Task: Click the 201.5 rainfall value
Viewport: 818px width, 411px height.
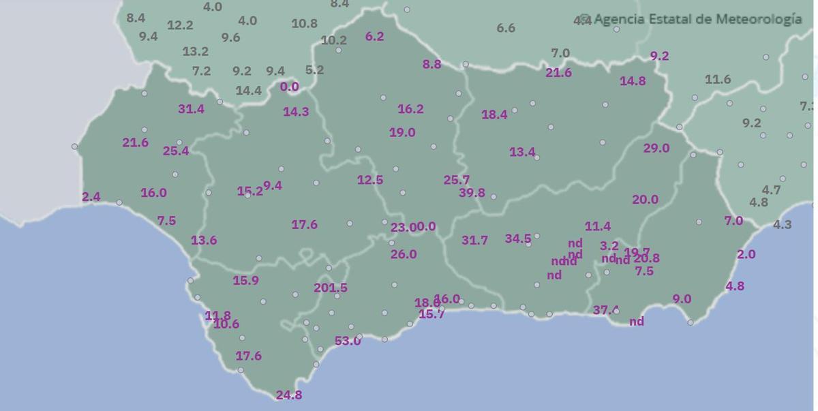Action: [x=331, y=288]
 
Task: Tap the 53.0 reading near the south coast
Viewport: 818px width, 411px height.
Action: [x=348, y=341]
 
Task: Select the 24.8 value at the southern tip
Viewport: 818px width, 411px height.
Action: [x=289, y=395]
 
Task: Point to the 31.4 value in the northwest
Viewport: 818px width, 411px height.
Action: [x=191, y=109]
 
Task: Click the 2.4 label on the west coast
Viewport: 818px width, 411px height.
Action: [x=91, y=197]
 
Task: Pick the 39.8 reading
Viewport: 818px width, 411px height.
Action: [x=472, y=193]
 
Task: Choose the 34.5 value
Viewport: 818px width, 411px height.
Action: [x=518, y=239]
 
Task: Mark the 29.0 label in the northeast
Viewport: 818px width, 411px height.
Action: [x=656, y=148]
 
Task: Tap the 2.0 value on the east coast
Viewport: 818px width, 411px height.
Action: [x=746, y=254]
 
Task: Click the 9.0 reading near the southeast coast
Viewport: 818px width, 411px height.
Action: [x=682, y=299]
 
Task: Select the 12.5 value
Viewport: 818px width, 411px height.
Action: [x=370, y=180]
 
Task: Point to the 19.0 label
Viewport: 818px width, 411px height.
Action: [x=402, y=132]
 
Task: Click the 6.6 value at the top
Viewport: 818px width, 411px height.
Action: [x=506, y=28]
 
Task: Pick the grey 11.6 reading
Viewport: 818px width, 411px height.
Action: [x=718, y=80]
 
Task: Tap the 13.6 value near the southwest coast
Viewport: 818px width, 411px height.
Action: [x=204, y=240]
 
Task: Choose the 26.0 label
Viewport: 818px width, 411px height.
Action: [x=404, y=254]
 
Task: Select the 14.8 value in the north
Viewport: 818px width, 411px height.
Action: [x=633, y=81]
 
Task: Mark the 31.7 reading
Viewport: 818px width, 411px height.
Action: [x=474, y=240]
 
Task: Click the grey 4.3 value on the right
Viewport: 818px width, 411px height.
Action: [x=783, y=224]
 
